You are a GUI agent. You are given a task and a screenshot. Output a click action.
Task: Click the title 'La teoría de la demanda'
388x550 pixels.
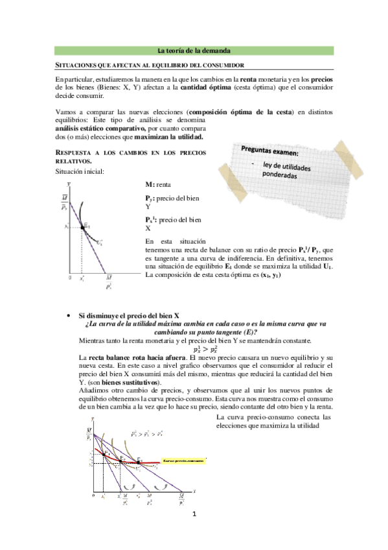(x=194, y=51)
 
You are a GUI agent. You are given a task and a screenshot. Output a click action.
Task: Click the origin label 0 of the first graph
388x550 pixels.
(x=70, y=277)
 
